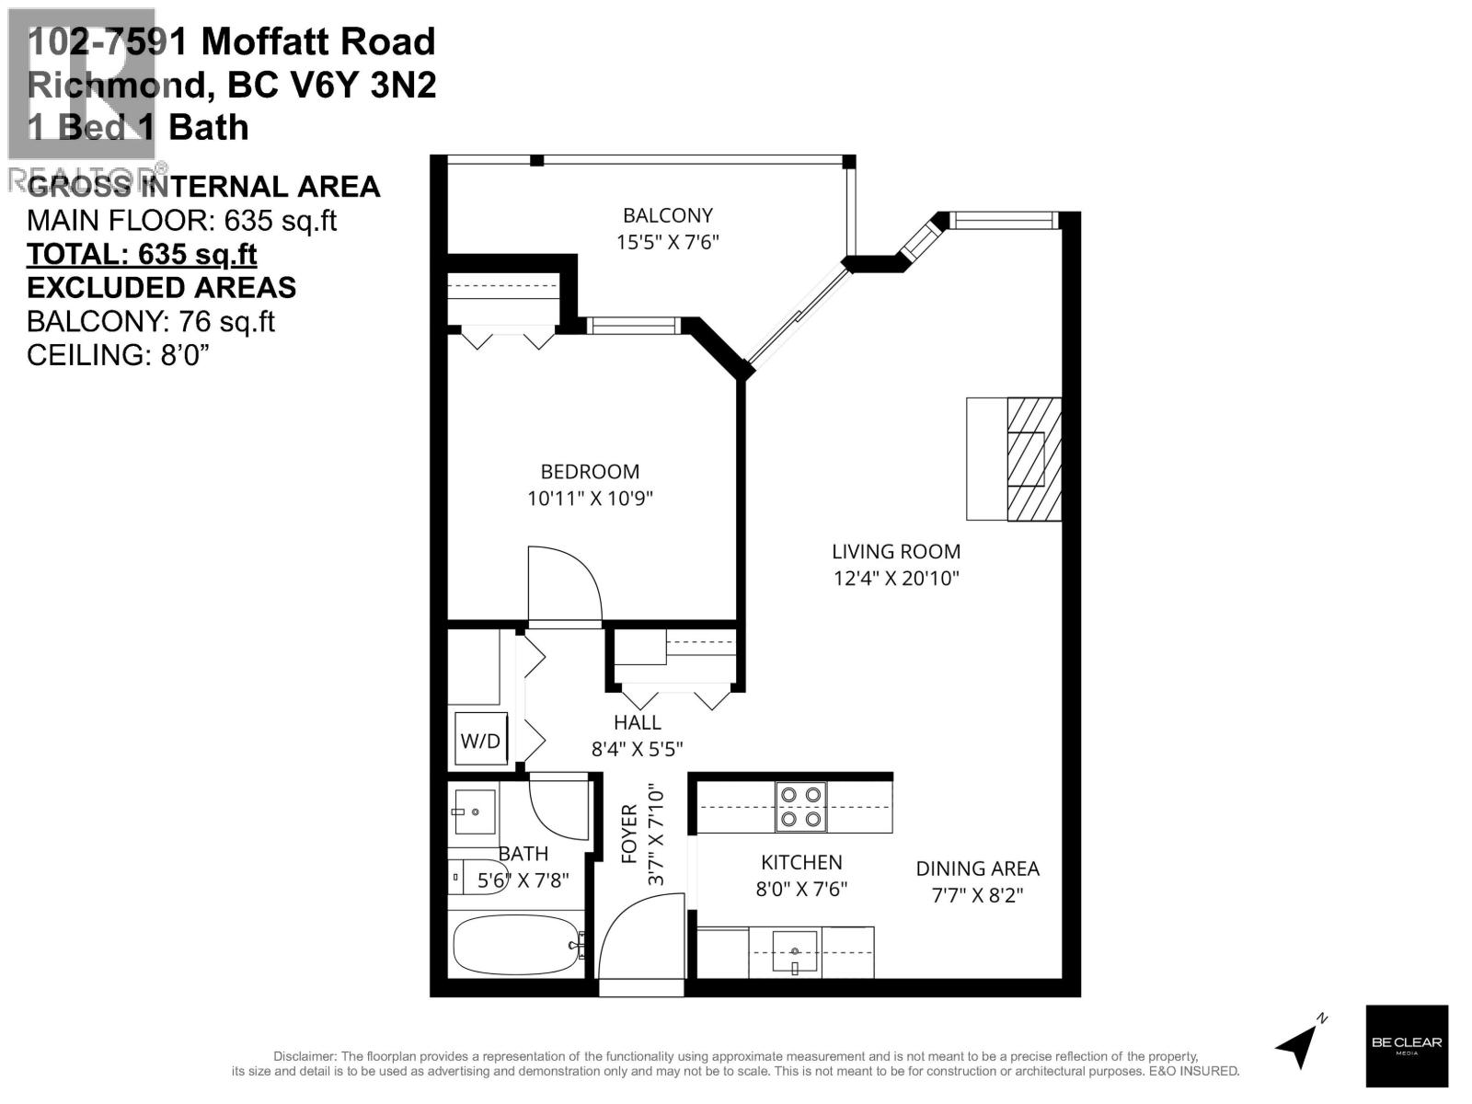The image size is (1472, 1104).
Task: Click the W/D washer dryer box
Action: click(480, 740)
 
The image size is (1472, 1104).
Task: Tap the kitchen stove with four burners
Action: click(800, 807)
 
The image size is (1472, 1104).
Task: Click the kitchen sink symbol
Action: click(794, 950)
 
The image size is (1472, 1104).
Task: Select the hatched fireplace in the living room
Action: click(1033, 459)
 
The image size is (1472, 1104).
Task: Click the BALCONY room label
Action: click(667, 215)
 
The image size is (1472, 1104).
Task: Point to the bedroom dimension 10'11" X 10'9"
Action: click(590, 499)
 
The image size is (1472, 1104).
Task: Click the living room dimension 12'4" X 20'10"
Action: click(896, 579)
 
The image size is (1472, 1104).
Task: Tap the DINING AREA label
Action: click(977, 868)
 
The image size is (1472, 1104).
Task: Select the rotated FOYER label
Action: click(629, 834)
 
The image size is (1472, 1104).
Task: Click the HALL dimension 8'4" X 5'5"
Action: click(637, 750)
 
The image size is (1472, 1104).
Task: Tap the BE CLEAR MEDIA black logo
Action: click(1407, 1046)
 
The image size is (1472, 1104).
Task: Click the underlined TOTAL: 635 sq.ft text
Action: click(142, 254)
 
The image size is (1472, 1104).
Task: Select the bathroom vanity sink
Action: click(475, 812)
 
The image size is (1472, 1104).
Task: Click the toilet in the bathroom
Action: click(477, 877)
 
